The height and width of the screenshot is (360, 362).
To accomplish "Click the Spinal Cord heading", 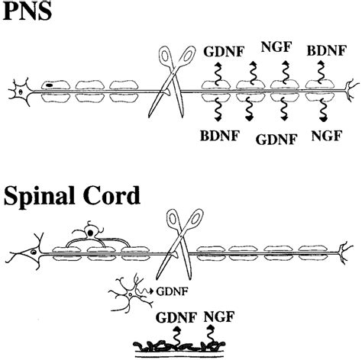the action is click(72, 197).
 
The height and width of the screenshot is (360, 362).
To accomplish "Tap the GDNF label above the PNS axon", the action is click(224, 52).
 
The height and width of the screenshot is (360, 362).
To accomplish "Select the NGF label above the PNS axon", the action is click(276, 47).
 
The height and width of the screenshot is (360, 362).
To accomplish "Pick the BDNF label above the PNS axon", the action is click(326, 50).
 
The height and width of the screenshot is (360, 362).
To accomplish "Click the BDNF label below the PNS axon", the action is click(220, 136).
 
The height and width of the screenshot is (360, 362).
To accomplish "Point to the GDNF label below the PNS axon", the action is click(276, 140).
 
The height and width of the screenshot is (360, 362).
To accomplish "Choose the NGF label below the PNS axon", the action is click(326, 136).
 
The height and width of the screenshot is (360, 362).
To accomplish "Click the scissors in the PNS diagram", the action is click(173, 82).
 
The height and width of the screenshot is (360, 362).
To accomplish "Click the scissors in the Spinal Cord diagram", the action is click(179, 243).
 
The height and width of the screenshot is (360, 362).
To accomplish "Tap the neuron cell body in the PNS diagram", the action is click(21, 92).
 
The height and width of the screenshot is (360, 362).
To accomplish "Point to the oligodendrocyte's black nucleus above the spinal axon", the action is click(90, 233).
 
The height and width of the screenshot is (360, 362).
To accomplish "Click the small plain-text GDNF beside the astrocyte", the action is click(172, 291).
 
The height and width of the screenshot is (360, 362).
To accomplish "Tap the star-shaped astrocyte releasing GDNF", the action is click(131, 294).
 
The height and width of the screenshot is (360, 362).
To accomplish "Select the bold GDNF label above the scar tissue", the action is click(176, 317).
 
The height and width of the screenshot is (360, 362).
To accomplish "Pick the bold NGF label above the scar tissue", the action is click(219, 317).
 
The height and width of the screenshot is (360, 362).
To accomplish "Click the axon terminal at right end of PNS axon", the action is click(352, 91).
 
